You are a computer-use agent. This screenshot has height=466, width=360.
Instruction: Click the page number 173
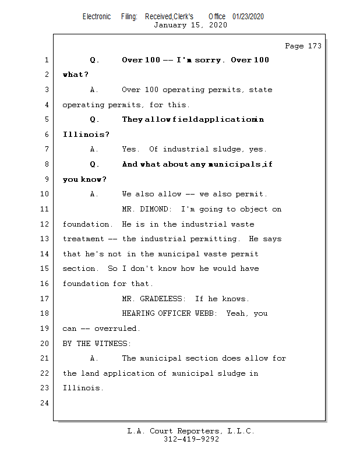point(313,46)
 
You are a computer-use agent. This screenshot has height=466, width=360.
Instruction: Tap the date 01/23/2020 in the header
point(248,16)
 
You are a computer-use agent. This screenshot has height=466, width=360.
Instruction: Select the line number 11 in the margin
point(45,209)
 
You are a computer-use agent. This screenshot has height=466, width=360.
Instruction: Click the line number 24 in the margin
point(45,403)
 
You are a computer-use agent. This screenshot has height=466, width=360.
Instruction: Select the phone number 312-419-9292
point(191,440)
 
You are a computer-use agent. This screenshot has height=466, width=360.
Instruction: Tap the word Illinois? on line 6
point(86,135)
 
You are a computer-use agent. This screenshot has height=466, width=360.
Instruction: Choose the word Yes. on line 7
point(131,150)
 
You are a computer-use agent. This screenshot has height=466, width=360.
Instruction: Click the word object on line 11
point(254,209)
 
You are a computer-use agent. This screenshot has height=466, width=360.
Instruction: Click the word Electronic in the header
point(97,16)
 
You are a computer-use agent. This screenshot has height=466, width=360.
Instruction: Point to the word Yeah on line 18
point(243,313)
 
